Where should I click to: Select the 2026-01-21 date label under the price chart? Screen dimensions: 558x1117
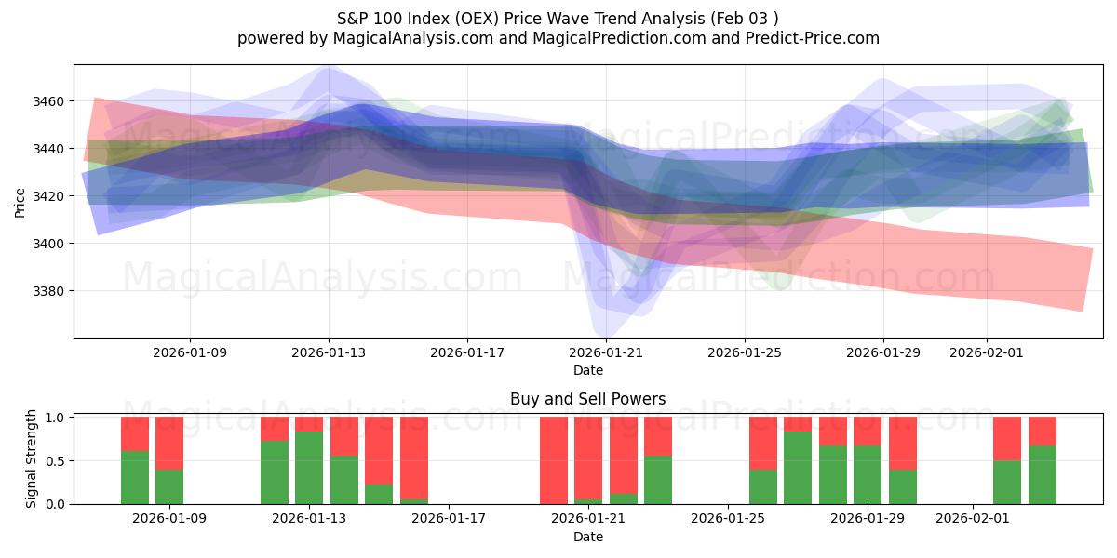click(x=606, y=352)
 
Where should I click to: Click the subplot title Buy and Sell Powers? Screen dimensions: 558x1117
click(x=587, y=399)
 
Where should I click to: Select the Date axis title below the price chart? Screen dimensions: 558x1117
click(x=587, y=370)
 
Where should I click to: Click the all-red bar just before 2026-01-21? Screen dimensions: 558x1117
click(x=554, y=460)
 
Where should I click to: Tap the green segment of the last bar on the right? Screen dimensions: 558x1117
click(x=1043, y=474)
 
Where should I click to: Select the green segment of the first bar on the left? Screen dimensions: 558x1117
click(x=135, y=477)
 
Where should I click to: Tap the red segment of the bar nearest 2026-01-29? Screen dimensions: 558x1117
click(x=868, y=431)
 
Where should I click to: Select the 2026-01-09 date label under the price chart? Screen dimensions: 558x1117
click(x=190, y=352)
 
